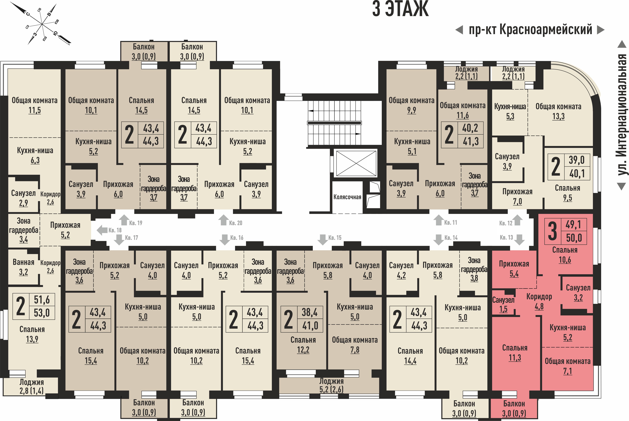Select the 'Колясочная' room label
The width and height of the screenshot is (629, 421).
pyautogui.click(x=347, y=197)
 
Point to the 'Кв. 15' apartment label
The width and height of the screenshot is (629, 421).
pyautogui.click(x=335, y=238)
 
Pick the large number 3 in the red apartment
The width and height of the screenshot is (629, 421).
pyautogui.click(x=552, y=231)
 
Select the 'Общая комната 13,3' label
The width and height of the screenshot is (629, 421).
pyautogui.click(x=558, y=111)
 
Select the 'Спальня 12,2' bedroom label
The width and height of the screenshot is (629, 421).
pyautogui.click(x=303, y=345)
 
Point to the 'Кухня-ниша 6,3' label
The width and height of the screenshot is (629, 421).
pyautogui.click(x=35, y=155)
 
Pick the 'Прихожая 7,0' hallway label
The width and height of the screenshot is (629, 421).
pyautogui.click(x=517, y=196)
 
